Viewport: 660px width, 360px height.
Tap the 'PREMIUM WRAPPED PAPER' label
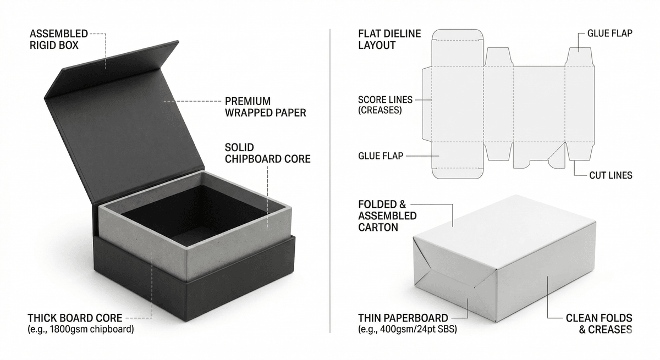tap(265, 107)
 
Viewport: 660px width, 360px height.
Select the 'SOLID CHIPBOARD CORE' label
tap(267, 153)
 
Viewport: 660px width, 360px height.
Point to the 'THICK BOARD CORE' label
tap(75, 318)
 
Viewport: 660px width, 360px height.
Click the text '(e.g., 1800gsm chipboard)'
tap(80, 329)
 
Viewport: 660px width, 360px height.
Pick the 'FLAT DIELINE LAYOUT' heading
tap(389, 40)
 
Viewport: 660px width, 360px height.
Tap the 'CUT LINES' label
tap(610, 175)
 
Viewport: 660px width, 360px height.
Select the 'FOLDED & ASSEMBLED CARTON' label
tap(387, 215)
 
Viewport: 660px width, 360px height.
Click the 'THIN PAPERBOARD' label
tap(403, 318)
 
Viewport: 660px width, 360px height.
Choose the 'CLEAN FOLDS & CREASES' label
tap(599, 324)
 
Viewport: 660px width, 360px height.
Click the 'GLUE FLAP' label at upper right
tap(609, 34)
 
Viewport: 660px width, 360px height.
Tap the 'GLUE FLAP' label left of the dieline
tap(380, 156)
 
